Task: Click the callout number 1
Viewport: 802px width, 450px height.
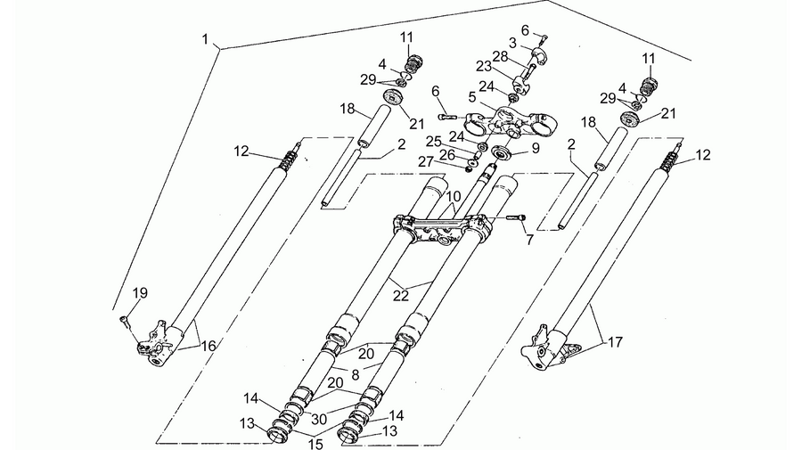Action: pyautogui.click(x=205, y=39)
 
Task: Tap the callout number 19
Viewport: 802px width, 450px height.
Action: pyautogui.click(x=140, y=293)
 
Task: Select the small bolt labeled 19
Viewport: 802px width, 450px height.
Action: pyautogui.click(x=124, y=320)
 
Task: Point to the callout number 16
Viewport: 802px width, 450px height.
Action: pyautogui.click(x=209, y=347)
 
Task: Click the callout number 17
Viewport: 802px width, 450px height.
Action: pyautogui.click(x=615, y=341)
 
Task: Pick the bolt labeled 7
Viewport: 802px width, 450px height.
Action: pyautogui.click(x=516, y=217)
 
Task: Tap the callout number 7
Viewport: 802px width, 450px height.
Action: pyautogui.click(x=529, y=239)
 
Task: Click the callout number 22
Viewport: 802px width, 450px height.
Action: pyautogui.click(x=401, y=296)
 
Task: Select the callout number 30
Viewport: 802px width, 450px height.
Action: pyautogui.click(x=319, y=420)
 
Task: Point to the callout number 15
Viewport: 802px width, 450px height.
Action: pyautogui.click(x=316, y=444)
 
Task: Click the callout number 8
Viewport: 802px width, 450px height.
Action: pyautogui.click(x=356, y=374)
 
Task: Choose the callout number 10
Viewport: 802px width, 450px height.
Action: pyautogui.click(x=454, y=196)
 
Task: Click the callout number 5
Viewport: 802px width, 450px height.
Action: pyautogui.click(x=471, y=96)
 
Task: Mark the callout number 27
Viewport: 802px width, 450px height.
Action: pyautogui.click(x=426, y=161)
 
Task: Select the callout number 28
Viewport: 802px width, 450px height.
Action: pyautogui.click(x=500, y=56)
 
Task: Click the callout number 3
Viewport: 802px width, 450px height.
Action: pyautogui.click(x=513, y=43)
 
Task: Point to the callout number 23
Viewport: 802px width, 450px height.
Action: pyautogui.click(x=483, y=67)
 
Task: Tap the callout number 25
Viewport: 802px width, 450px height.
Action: pyautogui.click(x=433, y=141)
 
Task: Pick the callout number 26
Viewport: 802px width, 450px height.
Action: pyautogui.click(x=446, y=153)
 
